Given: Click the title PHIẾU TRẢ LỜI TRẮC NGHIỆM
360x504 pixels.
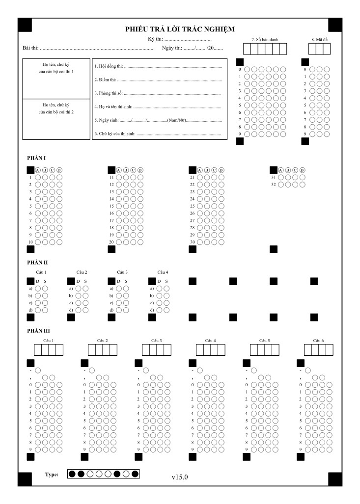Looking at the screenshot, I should pos(180,29).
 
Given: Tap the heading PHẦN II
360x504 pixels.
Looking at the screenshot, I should pos(37,263).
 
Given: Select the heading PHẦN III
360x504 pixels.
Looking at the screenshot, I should pos(38,331).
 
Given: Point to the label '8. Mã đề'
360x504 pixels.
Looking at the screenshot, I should pos(319,39).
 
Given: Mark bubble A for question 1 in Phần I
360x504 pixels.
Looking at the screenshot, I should pos(38,177).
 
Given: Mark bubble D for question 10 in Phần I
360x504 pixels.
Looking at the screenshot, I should pos(59,242).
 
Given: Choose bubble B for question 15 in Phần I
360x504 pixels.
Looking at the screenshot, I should pos(126,206).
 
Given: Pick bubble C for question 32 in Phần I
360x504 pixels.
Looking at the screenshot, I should pos(295,185).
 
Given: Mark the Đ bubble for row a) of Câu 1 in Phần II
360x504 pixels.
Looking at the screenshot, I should pos(38,289).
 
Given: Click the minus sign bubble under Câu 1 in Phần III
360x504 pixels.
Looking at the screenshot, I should pos(38,371).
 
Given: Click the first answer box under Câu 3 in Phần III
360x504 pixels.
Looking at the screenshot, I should pos(146,350).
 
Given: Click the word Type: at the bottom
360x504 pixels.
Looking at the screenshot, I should pos(51,474).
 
